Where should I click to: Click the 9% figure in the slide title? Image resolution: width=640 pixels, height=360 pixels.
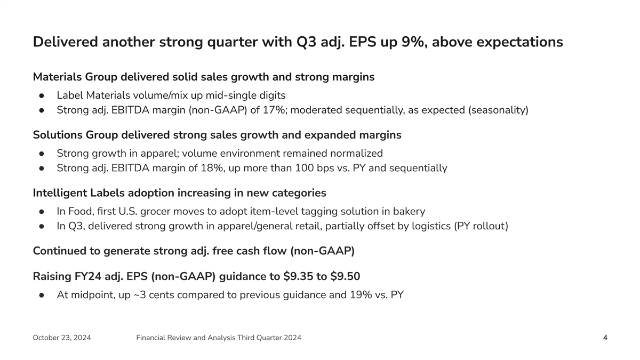click(x=411, y=42)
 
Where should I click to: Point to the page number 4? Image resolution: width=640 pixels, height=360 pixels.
click(x=605, y=338)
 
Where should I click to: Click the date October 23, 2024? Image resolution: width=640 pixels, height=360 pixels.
click(x=62, y=338)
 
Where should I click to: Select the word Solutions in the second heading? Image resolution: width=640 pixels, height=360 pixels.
click(x=58, y=135)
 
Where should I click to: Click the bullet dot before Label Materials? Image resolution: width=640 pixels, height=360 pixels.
click(x=41, y=96)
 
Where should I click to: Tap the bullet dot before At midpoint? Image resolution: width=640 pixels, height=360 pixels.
click(x=41, y=295)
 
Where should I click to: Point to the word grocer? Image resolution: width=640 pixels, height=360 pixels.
click(x=228, y=211)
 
